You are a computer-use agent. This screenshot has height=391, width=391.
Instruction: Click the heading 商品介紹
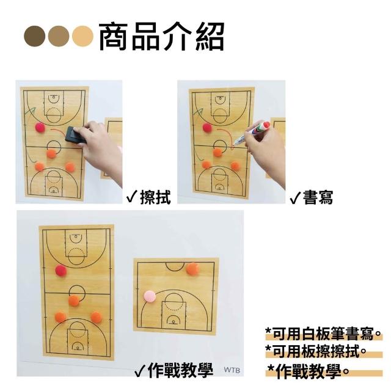(x=161, y=37)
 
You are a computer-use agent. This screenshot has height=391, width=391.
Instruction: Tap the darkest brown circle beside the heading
(x=35, y=36)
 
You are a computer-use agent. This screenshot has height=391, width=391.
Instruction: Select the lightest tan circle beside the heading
(x=82, y=36)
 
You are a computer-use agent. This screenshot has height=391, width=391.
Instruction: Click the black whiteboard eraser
(x=76, y=136)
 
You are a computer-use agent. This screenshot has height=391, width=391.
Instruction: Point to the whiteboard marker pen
(x=251, y=133)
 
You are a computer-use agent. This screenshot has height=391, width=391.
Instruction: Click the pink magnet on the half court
(x=150, y=297)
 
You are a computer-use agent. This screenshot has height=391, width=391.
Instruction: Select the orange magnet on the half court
(x=193, y=269)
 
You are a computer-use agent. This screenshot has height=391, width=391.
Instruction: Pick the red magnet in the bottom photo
(x=61, y=271)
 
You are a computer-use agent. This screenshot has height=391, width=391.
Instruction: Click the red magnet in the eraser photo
(x=40, y=128)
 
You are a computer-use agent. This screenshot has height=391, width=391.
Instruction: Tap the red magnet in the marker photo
(x=207, y=128)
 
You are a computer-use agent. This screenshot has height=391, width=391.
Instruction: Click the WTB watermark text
(x=232, y=370)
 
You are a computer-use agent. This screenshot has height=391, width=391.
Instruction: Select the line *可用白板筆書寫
(x=323, y=334)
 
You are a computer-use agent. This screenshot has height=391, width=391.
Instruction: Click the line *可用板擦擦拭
(x=316, y=351)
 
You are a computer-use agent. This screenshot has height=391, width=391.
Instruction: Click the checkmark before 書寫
(x=295, y=199)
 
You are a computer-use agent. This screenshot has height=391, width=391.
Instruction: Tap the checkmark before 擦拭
(x=132, y=198)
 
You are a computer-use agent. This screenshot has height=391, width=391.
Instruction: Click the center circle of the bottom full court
(x=77, y=293)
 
